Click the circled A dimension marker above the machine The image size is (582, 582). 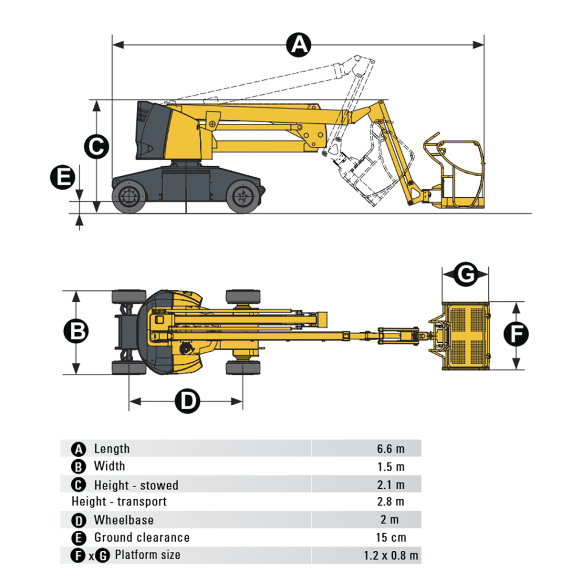pos(299,44)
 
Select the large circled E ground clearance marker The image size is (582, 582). pos(62,177)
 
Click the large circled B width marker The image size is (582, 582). pos(76,331)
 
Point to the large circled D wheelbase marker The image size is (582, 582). pos(187,402)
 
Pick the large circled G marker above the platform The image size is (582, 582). pos(465,275)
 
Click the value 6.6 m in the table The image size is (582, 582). pos(390,449)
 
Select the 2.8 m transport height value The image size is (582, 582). pos(390,502)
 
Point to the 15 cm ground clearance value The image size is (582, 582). pos(390,538)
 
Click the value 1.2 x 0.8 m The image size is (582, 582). pos(391,555)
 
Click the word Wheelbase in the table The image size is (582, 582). pos(123,520)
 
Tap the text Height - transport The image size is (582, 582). pos(119,502)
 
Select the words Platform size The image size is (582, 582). pos(148,555)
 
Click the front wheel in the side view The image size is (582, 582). pos(243,197)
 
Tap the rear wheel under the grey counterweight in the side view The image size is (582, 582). pos(129,197)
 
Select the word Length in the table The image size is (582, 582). pos(111,449)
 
